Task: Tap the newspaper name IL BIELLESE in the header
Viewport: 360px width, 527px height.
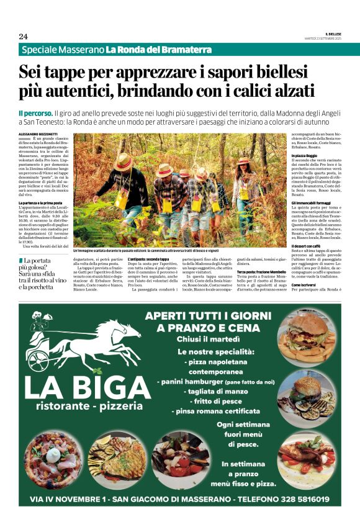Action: [x=333, y=34]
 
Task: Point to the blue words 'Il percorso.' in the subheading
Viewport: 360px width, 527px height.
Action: [x=35, y=114]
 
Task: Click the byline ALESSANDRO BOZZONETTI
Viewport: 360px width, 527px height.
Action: [x=36, y=134]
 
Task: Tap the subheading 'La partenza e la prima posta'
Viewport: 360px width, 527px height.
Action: [x=40, y=203]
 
